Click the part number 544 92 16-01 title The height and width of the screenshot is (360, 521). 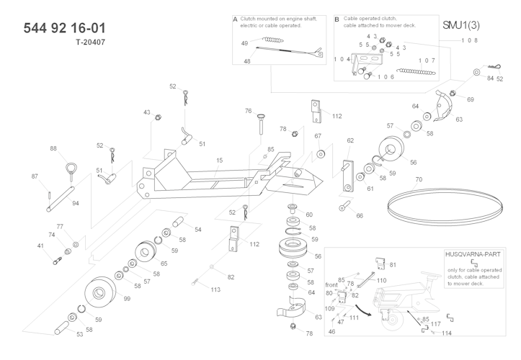(65, 28)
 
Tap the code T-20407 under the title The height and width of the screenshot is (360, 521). (90, 42)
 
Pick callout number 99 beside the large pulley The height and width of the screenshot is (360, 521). (126, 297)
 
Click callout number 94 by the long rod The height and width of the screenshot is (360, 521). (75, 203)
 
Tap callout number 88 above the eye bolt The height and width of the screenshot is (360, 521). (53, 148)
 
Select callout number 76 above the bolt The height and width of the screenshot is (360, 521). (248, 112)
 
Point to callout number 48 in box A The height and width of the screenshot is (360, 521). (246, 61)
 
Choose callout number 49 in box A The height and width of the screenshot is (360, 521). (244, 43)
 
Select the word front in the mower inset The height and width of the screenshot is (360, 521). (331, 284)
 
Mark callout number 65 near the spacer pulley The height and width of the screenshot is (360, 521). (164, 264)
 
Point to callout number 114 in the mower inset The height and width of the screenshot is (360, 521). (447, 333)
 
